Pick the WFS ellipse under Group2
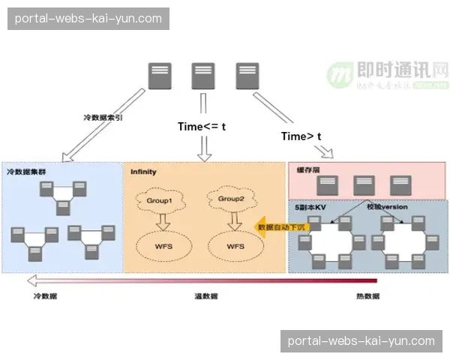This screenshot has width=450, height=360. (x=235, y=245)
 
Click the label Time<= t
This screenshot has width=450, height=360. (x=201, y=127)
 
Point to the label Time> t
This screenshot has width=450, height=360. (x=301, y=136)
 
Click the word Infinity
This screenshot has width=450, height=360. (x=143, y=172)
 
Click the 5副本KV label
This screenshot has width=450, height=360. (x=310, y=206)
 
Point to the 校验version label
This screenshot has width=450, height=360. (x=386, y=206)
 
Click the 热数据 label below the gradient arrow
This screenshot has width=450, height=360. (x=367, y=297)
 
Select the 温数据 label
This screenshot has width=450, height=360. (x=205, y=297)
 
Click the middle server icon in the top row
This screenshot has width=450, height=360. (x=203, y=76)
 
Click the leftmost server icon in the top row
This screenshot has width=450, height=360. (x=158, y=76)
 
